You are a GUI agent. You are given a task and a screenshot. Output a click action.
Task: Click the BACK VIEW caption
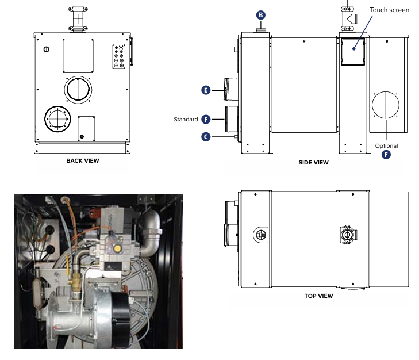[83, 161]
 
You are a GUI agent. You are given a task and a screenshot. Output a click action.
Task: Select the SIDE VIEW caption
[314, 163]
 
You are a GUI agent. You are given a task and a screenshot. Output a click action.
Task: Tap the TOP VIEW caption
[318, 296]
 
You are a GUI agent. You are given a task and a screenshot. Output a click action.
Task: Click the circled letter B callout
[261, 15]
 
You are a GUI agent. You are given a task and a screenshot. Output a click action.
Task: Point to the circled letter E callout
[206, 90]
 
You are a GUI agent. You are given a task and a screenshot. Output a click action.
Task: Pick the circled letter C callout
[206, 137]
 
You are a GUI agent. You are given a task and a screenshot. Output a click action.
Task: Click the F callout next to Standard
[206, 119]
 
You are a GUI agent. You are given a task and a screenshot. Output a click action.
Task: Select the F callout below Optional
[387, 155]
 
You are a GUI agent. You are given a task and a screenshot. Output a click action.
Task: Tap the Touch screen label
[390, 10]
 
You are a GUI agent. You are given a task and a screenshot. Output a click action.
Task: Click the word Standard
[186, 120]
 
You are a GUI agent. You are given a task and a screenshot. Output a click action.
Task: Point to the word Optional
[387, 145]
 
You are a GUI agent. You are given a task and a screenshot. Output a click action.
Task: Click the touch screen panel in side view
[353, 51]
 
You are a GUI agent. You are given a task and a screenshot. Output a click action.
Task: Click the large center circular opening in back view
[78, 89]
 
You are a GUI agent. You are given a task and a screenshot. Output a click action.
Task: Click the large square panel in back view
[78, 55]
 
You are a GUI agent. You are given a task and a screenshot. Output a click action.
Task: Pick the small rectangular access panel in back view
[86, 128]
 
